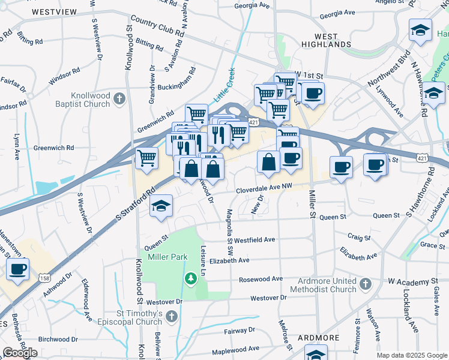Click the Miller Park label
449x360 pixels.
click(x=167, y=257)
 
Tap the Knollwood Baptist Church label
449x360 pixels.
click(x=91, y=99)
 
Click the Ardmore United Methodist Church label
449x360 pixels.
click(x=323, y=285)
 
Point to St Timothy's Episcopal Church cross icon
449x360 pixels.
click(x=172, y=315)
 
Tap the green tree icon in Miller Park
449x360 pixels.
click(x=190, y=278)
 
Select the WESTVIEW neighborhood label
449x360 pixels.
click(x=54, y=12)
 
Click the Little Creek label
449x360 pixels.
click(x=226, y=87)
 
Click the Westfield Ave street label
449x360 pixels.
click(x=255, y=239)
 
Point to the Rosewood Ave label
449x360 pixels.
click(x=261, y=279)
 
